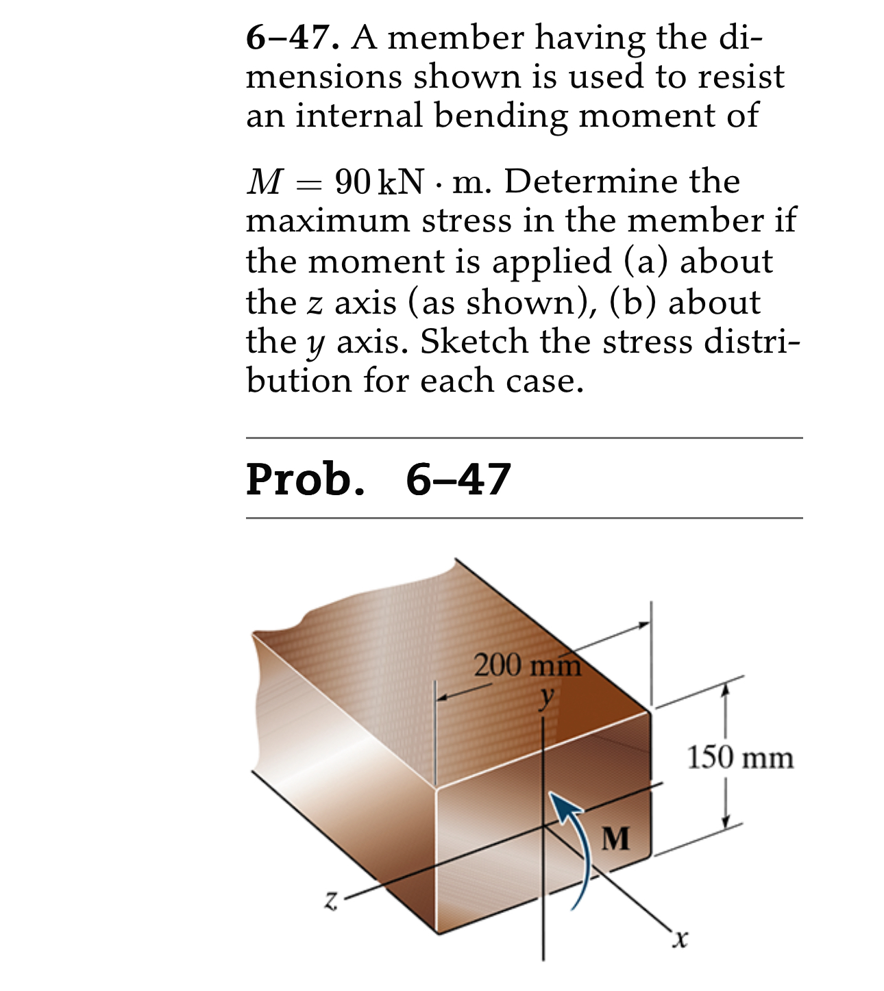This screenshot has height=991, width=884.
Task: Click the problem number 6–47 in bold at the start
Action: pyautogui.click(x=292, y=38)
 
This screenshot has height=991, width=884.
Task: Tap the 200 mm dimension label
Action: pyautogui.click(x=527, y=665)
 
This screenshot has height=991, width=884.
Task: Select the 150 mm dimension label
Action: pyautogui.click(x=740, y=758)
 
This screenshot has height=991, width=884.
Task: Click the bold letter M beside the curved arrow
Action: pyautogui.click(x=615, y=838)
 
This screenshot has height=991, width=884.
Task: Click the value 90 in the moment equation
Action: pyautogui.click(x=353, y=182)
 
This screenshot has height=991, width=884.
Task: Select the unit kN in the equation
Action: pyautogui.click(x=401, y=182)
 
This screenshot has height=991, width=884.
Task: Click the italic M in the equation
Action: pyautogui.click(x=264, y=182)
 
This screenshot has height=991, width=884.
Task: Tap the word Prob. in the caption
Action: pyautogui.click(x=305, y=479)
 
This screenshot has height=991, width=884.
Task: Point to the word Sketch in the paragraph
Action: pyautogui.click(x=474, y=342)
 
